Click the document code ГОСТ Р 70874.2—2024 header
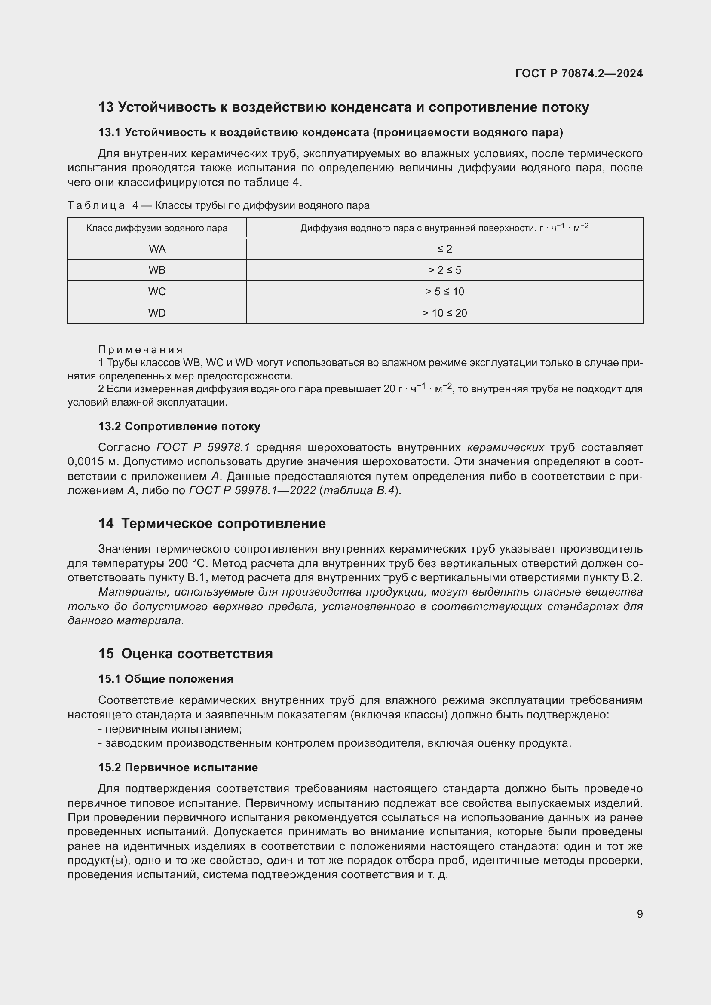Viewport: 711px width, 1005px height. [579, 73]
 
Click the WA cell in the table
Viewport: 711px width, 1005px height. [157, 249]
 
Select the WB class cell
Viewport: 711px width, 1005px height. [157, 270]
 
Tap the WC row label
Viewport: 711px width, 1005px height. [157, 291]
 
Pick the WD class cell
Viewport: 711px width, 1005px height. [157, 313]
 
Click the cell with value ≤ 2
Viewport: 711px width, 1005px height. [444, 249]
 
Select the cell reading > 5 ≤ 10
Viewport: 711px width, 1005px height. [444, 291]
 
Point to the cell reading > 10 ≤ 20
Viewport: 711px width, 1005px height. [444, 313]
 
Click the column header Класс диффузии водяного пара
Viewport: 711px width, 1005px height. [157, 228]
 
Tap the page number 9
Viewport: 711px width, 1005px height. [640, 914]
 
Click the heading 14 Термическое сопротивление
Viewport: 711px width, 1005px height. [212, 523]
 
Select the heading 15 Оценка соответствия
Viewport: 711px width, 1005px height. [185, 654]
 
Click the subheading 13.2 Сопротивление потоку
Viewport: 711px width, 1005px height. [179, 426]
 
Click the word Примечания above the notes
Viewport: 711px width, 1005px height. [140, 350]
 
